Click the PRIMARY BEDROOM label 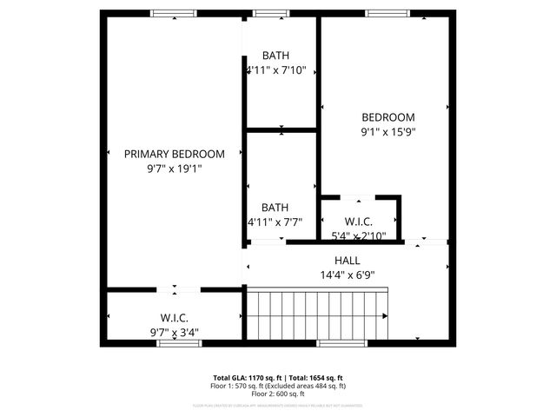[x=174, y=154]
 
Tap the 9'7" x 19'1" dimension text [x=174, y=169]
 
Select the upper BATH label [x=275, y=56]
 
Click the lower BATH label [x=275, y=208]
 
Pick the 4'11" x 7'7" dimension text [x=275, y=222]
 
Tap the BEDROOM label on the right [x=388, y=117]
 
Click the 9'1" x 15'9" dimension [x=388, y=132]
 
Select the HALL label [x=347, y=261]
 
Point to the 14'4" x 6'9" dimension [x=347, y=275]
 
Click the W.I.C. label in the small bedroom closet [x=359, y=222]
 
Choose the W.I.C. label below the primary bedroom [x=174, y=319]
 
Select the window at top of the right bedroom [x=381, y=13]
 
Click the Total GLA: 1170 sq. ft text [x=250, y=378]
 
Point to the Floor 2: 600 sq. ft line [x=278, y=394]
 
